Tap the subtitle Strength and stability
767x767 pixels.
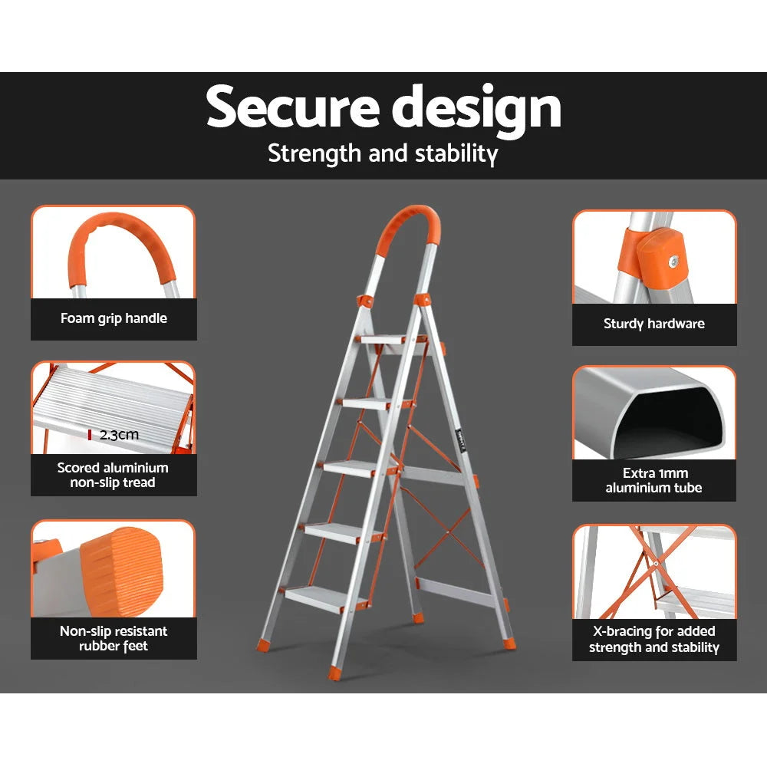[x=383, y=153]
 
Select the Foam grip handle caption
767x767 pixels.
[x=114, y=318]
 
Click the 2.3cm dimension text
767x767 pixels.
[x=119, y=435]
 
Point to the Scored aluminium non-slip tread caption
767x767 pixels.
[x=113, y=475]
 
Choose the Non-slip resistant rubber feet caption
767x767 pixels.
[x=114, y=638]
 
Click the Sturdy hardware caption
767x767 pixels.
[x=653, y=324]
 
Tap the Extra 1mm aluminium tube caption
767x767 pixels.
[x=653, y=480]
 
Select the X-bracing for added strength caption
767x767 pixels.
[x=653, y=639]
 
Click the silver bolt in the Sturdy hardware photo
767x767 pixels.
[x=674, y=261]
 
